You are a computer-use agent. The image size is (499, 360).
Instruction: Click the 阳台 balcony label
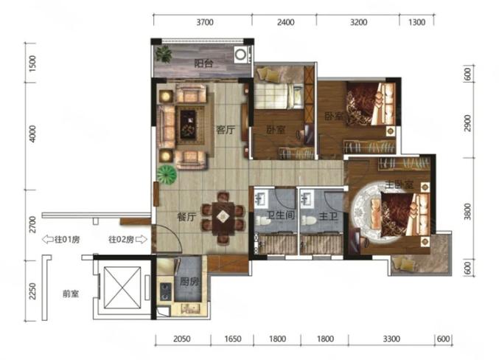coord(203,63)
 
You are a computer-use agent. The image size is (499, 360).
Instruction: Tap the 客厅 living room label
coord(226,130)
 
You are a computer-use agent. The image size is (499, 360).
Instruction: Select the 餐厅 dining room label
coord(186,217)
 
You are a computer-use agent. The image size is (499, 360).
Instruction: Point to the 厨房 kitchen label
coord(189,281)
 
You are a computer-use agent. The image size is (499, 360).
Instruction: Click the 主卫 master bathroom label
coord(328,217)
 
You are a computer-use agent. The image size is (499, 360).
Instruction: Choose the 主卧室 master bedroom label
coord(399,184)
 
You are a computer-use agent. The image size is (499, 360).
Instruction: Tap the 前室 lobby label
coord(71,294)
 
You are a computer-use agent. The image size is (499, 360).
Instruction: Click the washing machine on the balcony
coord(240,55)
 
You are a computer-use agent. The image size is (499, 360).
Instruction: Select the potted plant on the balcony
coord(164,54)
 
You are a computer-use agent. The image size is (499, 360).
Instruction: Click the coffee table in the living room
coord(188,124)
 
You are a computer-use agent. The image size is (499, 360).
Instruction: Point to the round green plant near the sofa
coord(167,174)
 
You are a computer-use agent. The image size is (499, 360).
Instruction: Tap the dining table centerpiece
coord(223,217)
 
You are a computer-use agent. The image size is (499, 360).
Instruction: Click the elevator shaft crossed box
coord(122,288)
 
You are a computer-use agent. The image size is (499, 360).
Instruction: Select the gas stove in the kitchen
coord(166,292)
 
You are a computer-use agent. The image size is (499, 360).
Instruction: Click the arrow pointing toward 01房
coord(48,239)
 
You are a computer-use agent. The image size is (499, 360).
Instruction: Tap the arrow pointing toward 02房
coord(142,239)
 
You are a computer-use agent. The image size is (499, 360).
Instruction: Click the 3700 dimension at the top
coord(205,22)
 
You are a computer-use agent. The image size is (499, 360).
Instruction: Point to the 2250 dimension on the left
coord(32,291)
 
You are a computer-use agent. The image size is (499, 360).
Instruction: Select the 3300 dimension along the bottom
coord(391,339)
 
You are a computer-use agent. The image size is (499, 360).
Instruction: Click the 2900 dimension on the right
coord(467,123)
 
